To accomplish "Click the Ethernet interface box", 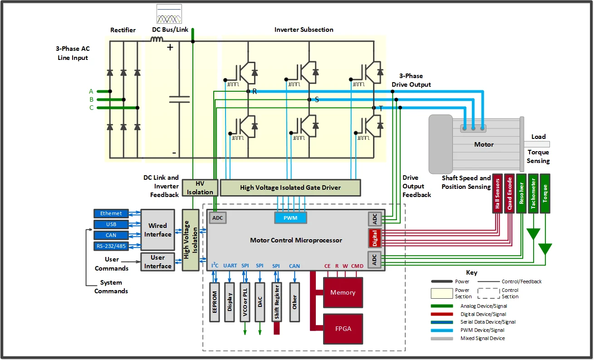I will tap(111, 213).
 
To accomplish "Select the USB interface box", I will tap(111, 224).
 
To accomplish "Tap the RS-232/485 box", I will tap(111, 246).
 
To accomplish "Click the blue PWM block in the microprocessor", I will tap(290, 218).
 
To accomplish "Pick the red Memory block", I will tap(343, 292).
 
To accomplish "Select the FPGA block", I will tap(343, 329).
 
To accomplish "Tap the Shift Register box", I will tap(277, 302).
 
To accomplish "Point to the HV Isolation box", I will tap(200, 187).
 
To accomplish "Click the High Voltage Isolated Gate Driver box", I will tap(290, 187).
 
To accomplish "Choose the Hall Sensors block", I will tap(497, 193).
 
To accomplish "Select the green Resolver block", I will tap(521, 193).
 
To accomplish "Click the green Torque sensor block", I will tap(545, 193).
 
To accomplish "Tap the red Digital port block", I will tap(375, 238).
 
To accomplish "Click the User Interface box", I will tap(157, 261).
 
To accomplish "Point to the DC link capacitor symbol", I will tap(179, 99).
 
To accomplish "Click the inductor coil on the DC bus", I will tap(157, 39).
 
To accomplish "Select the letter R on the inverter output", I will tap(255, 91).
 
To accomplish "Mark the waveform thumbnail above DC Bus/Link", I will tap(169, 14).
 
